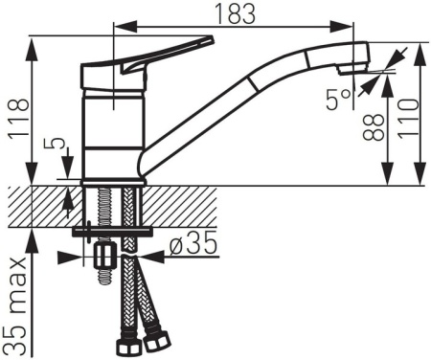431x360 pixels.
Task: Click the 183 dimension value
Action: point(236,13)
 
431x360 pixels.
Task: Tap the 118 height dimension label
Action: point(18,118)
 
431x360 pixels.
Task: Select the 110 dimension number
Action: point(408,119)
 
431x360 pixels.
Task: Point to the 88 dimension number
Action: point(374,127)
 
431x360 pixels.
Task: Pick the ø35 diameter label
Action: point(193,245)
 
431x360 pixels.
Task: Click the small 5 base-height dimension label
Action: point(57,144)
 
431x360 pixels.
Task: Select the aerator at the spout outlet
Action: point(352,68)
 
